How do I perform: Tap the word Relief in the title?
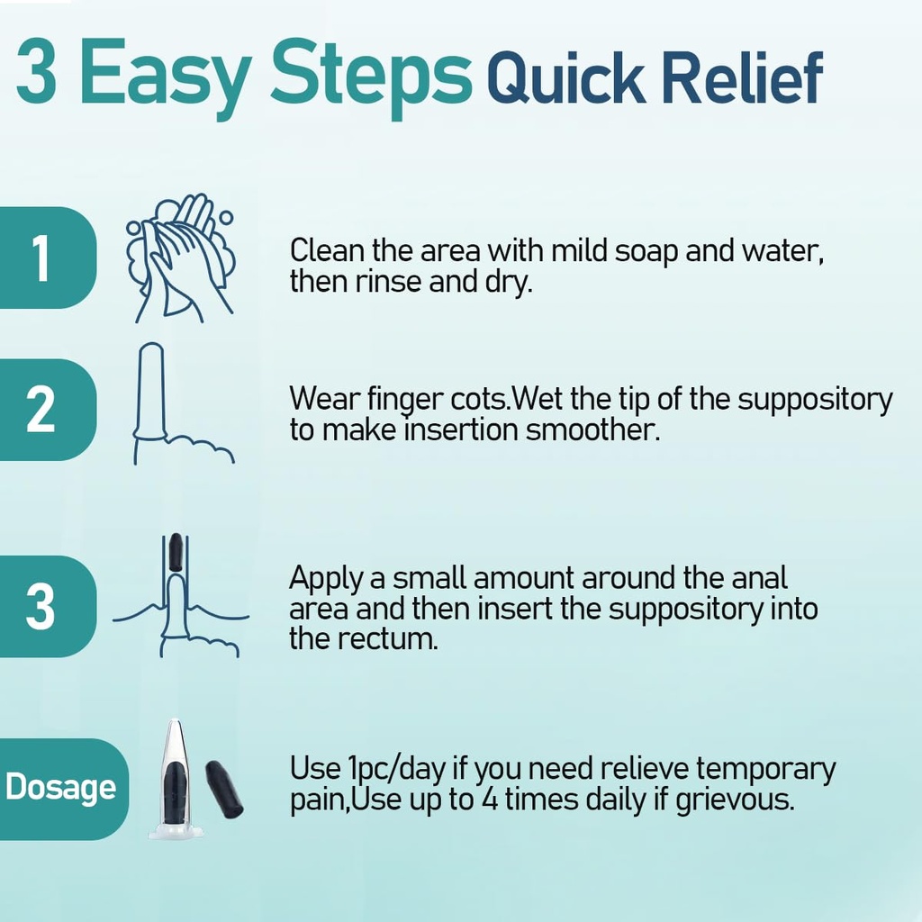coord(742,78)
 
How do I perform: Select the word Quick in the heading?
coord(565,79)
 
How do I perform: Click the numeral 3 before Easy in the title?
coord(36,71)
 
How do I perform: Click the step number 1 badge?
coord(47,258)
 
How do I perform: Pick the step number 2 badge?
coord(47,410)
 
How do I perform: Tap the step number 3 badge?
coord(47,606)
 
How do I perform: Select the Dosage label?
coord(62,789)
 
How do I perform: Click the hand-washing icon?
coord(180,258)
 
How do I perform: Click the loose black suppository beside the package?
coord(224,789)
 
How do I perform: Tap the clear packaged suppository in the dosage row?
coord(176,779)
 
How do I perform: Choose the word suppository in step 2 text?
coord(815,401)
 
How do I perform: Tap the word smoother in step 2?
coord(592,429)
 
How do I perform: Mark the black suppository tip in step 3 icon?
coord(176,551)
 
